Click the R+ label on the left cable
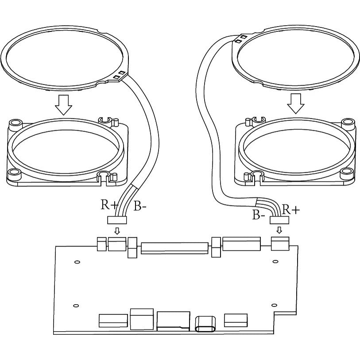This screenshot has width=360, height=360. [109, 205]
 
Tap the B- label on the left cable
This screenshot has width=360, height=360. [139, 206]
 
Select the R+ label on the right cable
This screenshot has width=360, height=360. [290, 209]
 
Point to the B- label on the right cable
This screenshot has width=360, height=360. [259, 215]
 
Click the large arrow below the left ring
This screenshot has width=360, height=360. [64, 105]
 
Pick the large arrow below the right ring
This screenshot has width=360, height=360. [296, 104]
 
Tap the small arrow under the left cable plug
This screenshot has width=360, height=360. [117, 231]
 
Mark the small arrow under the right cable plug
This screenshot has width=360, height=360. [279, 230]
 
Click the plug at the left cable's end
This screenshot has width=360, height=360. [117, 220]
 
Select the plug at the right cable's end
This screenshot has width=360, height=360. [279, 221]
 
